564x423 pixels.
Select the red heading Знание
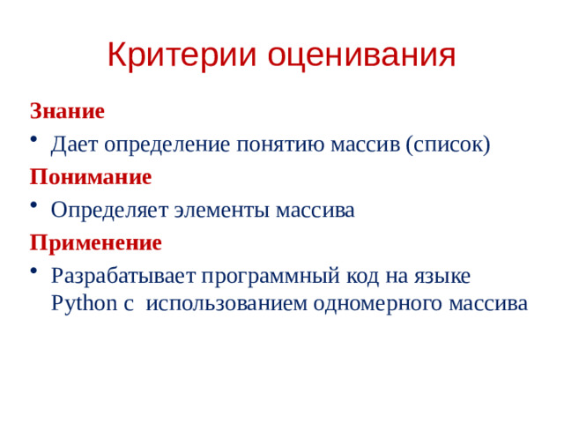[67, 111]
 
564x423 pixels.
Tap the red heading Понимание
[91, 176]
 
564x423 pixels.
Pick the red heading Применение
[95, 241]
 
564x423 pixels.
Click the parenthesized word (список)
[447, 144]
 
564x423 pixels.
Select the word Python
[78, 304]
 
